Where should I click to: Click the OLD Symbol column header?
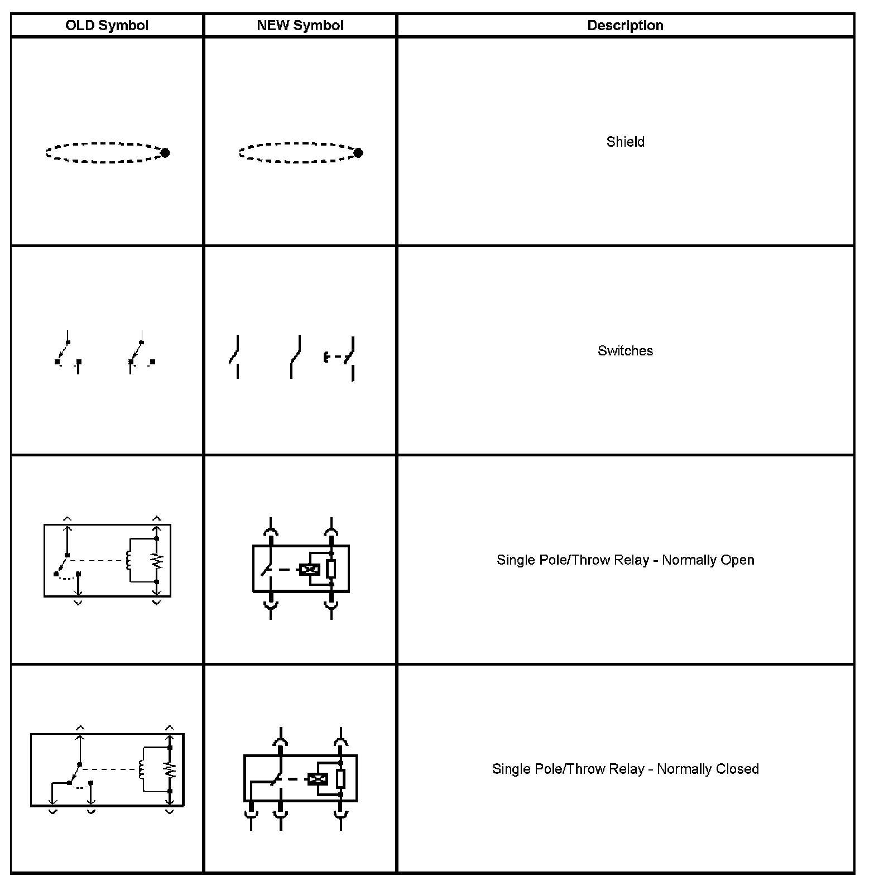(x=107, y=26)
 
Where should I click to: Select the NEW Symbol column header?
(x=300, y=26)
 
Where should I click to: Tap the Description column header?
(x=625, y=26)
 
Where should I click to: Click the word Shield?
(x=625, y=142)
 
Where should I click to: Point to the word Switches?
(x=625, y=351)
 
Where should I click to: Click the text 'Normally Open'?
(x=708, y=560)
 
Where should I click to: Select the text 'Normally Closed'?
(x=708, y=769)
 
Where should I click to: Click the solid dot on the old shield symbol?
(x=165, y=152)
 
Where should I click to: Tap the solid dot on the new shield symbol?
(x=358, y=152)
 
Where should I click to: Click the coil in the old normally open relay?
(x=128, y=560)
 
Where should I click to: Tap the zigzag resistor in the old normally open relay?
(x=157, y=560)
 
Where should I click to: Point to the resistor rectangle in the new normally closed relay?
(x=340, y=778)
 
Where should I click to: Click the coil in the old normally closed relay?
(x=141, y=770)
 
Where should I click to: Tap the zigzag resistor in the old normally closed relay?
(x=170, y=770)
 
